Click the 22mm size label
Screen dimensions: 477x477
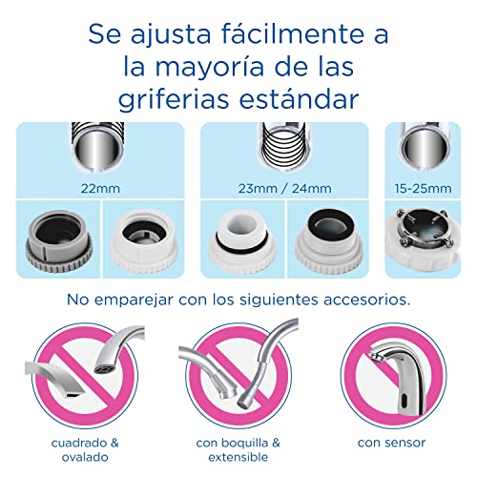(100, 189)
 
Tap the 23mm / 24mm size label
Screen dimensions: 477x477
(284, 189)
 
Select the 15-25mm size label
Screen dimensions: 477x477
(423, 189)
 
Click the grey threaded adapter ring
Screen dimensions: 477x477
(58, 241)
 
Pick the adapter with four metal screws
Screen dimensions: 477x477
(423, 237)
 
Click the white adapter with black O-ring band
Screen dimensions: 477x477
(243, 241)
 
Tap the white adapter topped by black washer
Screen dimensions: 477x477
(328, 239)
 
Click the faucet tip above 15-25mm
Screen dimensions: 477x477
(424, 146)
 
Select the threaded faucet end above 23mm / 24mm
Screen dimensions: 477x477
(284, 146)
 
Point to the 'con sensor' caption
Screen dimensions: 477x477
(391, 443)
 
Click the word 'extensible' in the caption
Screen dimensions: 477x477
(238, 457)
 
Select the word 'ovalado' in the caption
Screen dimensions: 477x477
(85, 457)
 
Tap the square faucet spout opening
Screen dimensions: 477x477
(73, 395)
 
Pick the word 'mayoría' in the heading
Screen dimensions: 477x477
(210, 68)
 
